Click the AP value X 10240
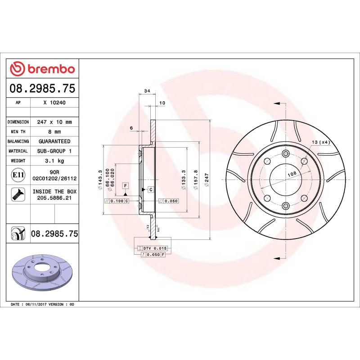[54, 103]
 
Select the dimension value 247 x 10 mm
[54, 122]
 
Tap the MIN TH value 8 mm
[54, 132]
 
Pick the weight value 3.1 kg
[54, 161]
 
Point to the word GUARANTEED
[54, 141]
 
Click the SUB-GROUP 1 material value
[54, 151]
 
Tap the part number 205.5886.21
[54, 198]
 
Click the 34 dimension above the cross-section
[147, 91]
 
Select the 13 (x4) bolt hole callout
[321, 142]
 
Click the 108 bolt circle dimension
[292, 173]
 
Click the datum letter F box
[125, 185]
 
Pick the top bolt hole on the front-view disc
[285, 153]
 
